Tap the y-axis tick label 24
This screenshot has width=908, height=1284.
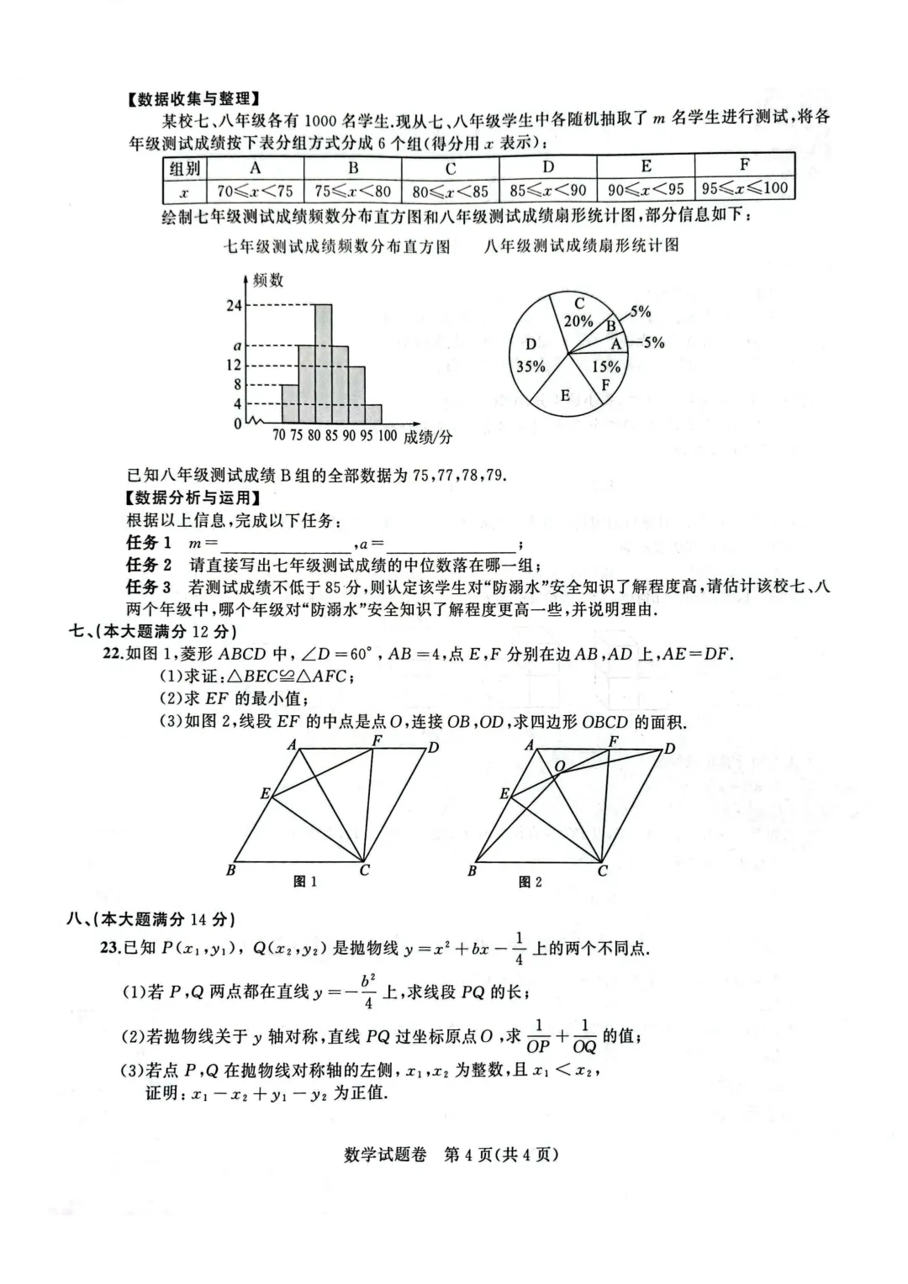234,306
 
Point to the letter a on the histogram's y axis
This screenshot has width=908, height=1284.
237,345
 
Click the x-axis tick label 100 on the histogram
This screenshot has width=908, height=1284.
387,435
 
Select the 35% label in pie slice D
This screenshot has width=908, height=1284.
531,366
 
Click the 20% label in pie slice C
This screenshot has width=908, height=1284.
578,321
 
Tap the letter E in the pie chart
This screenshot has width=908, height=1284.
565,396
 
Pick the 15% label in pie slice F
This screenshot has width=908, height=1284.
605,366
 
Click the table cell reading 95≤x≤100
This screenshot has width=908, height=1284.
745,188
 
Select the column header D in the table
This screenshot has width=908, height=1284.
548,166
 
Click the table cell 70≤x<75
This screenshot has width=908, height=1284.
255,191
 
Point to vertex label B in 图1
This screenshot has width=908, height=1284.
230,871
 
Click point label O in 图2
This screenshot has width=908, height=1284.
559,766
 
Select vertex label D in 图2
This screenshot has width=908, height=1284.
669,748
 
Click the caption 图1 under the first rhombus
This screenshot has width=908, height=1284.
304,881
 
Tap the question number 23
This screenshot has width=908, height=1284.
110,948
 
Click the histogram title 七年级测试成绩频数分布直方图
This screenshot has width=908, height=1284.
336,246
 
